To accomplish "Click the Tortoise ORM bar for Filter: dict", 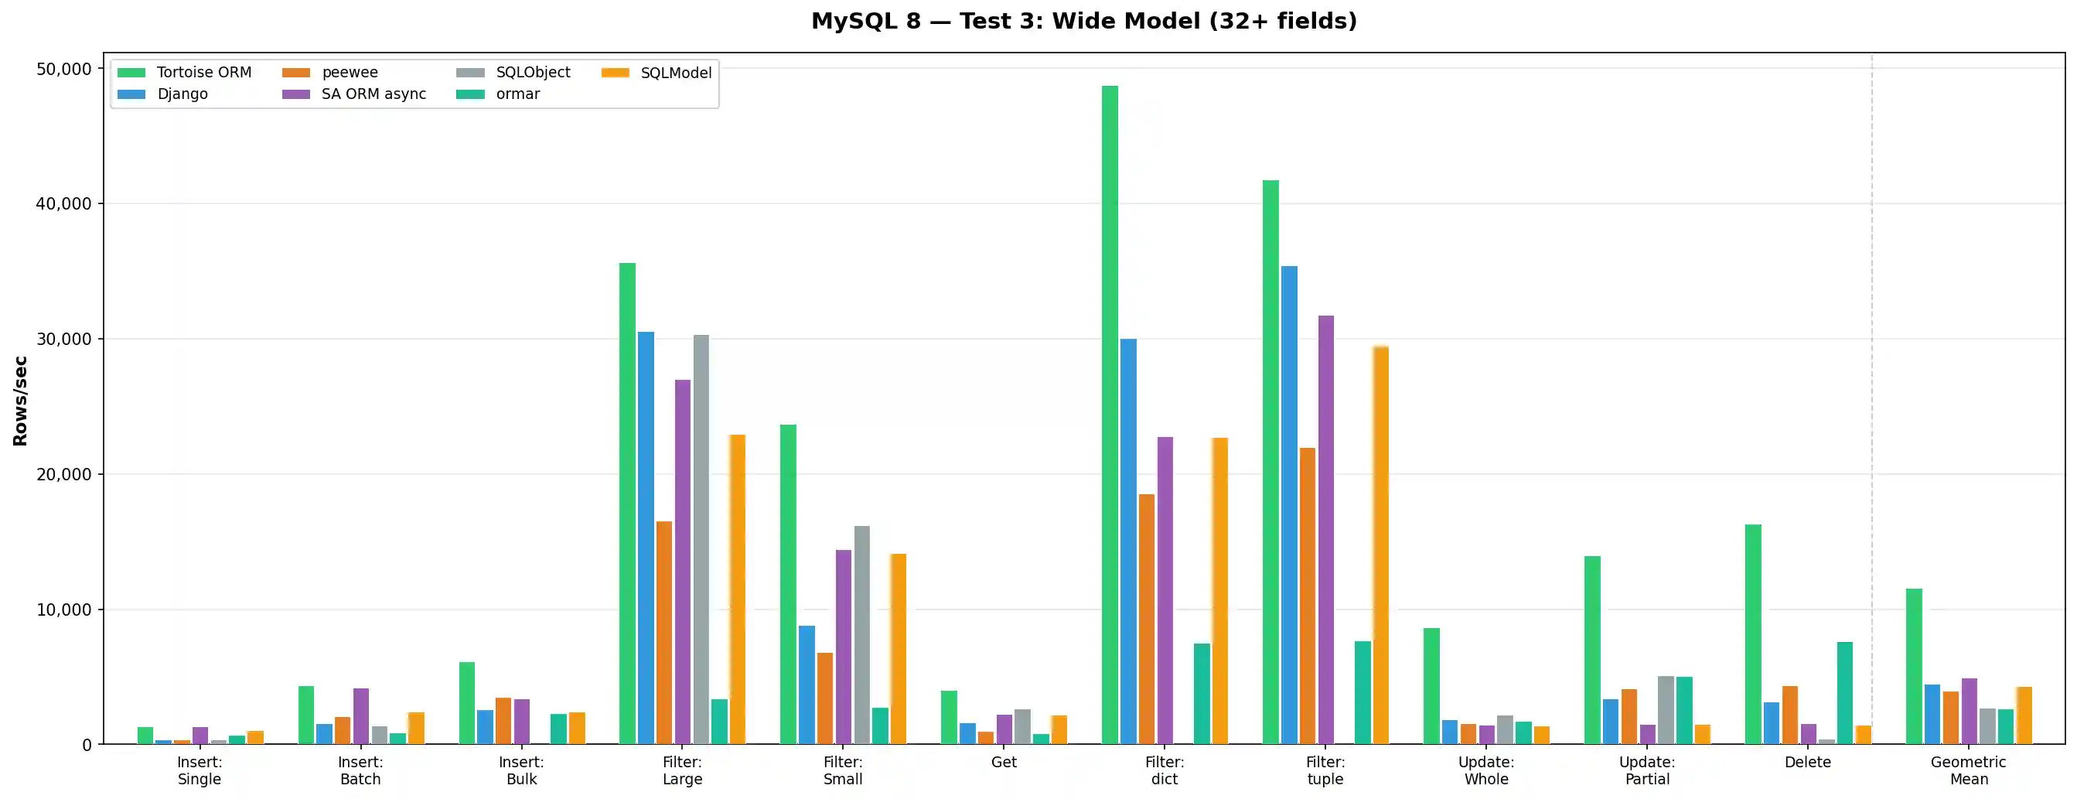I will click(1110, 415).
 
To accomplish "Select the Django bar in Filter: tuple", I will click(1288, 505).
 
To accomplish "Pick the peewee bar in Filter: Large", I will click(663, 632).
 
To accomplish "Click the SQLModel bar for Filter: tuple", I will click(1380, 545).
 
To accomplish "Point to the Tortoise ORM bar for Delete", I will click(1753, 633).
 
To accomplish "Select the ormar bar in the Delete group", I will click(1845, 692).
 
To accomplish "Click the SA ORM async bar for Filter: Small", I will click(844, 647).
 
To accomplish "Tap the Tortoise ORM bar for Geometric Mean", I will click(1913, 666).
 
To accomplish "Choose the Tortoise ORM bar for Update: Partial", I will click(1591, 650).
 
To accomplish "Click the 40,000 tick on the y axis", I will click(63, 204).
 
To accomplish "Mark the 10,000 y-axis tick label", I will click(63, 609).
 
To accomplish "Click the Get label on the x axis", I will click(1004, 762).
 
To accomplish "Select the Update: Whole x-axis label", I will click(1486, 770).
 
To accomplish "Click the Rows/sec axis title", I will click(20, 401).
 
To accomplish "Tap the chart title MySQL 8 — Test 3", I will click(1083, 21).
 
